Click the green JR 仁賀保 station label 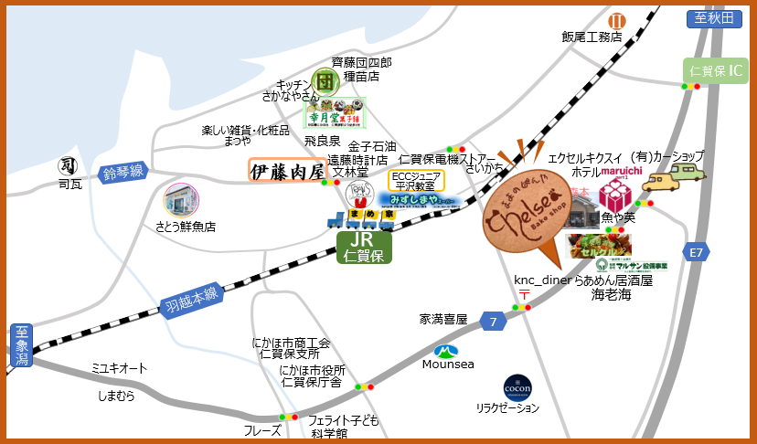tap(365, 247)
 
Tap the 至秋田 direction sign tap(713, 18)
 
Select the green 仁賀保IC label tap(716, 70)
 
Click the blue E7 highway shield tap(696, 251)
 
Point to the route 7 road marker tap(493, 322)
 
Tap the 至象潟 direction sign tap(20, 344)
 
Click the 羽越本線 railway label tap(191, 296)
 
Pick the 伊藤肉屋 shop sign tap(287, 171)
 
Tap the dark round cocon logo tap(517, 387)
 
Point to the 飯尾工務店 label tap(592, 37)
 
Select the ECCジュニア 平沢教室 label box tap(416, 179)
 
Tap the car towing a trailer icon tap(675, 175)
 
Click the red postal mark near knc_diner tap(524, 294)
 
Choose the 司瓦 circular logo tap(67, 165)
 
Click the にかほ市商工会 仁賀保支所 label tap(291, 348)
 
